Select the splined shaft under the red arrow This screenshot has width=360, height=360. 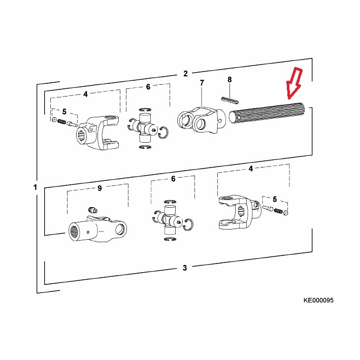pos(267,113)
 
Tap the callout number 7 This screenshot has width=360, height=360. pos(202,83)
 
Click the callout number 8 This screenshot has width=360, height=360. pos(230,80)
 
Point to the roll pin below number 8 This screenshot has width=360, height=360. pos(231,100)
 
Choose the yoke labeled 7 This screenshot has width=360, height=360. pos(202,120)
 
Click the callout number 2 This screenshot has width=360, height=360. pos(185,74)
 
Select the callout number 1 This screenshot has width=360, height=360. pos(35,187)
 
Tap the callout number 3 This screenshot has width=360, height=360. pos(185,268)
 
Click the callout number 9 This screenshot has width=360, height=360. pos(100,188)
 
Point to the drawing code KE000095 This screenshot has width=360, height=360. pos(318,300)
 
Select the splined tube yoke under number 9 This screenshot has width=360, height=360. pos(97,228)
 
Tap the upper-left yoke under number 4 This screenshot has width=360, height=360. pos(97,133)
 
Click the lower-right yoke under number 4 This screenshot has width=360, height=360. pos(239,212)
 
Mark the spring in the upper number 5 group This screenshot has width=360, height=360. pos(61,122)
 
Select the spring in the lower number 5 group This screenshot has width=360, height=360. pos(278,211)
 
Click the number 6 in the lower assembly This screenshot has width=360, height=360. pos(173,179)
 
